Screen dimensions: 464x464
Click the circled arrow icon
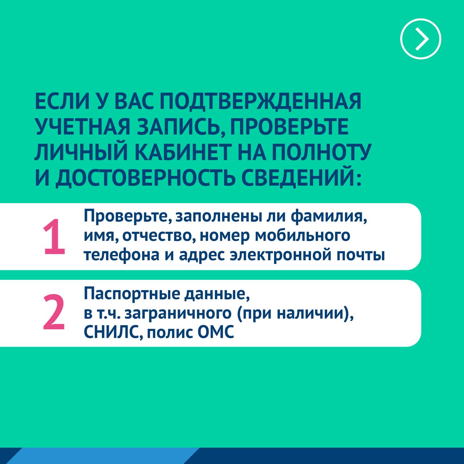pos(420,39)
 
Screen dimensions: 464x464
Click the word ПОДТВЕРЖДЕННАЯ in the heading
pos(260,101)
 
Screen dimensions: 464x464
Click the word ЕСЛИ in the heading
pos(62,101)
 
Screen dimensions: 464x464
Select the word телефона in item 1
pos(121,255)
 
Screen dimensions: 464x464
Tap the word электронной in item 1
pos(281,256)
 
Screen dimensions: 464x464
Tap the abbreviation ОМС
pos(215,332)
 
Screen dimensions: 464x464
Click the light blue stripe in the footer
pos(101,456)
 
